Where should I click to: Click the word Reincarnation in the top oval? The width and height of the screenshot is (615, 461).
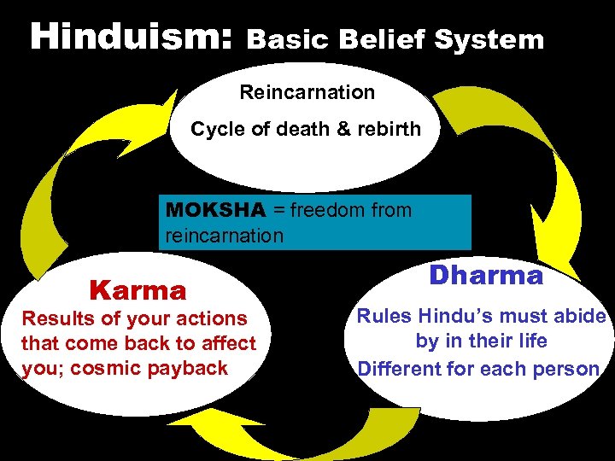[x=307, y=91]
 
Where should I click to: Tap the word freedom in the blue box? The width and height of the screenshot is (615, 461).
[x=319, y=210]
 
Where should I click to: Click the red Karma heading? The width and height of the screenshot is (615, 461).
[x=138, y=290]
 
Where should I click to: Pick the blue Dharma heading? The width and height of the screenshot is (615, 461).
[x=485, y=276]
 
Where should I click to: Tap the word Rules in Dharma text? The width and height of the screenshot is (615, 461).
[x=383, y=316]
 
